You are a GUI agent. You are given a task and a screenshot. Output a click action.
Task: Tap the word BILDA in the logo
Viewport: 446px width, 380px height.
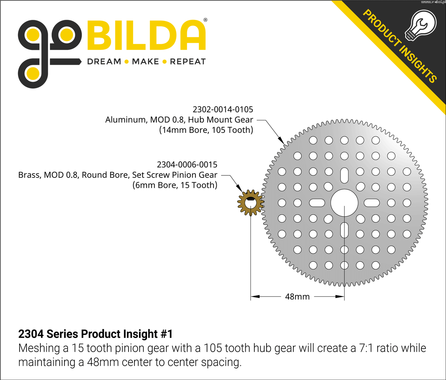[x=146, y=35]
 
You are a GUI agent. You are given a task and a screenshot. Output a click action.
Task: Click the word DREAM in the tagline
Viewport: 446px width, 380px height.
[x=104, y=62]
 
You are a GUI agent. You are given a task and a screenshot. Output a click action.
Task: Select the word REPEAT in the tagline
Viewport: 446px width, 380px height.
[x=188, y=62]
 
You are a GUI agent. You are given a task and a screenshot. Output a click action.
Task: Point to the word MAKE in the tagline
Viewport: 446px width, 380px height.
[x=145, y=62]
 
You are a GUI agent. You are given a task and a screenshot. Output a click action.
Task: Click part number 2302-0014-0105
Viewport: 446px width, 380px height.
[x=223, y=109]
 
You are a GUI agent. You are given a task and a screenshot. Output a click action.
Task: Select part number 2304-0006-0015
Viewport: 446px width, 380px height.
[x=187, y=165]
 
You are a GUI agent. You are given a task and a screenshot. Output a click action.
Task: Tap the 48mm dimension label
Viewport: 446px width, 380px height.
[x=297, y=297]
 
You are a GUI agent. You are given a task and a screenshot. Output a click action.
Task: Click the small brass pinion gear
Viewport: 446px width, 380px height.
[x=251, y=203]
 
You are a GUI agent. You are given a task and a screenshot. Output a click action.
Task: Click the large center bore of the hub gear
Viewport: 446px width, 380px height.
[x=344, y=203]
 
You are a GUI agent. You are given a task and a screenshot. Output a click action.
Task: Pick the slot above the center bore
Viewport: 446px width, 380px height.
[x=344, y=175]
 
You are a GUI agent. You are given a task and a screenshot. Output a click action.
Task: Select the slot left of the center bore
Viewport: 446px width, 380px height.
[x=317, y=203]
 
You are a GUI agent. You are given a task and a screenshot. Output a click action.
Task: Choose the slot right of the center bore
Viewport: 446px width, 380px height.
[x=372, y=203]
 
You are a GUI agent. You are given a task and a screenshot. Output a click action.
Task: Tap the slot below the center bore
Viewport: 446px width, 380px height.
[x=344, y=230]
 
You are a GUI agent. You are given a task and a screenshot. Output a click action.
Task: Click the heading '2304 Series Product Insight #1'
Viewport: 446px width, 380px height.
[x=95, y=334]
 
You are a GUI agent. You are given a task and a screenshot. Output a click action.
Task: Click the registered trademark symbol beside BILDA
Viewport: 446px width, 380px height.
[x=205, y=20]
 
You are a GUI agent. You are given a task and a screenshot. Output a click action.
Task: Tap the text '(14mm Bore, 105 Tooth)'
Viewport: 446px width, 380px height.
[x=206, y=130]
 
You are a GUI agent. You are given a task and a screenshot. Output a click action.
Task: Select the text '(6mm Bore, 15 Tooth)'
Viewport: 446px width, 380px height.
[x=175, y=185]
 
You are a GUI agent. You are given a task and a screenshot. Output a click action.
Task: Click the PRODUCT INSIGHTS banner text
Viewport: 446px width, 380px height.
[x=400, y=46]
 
